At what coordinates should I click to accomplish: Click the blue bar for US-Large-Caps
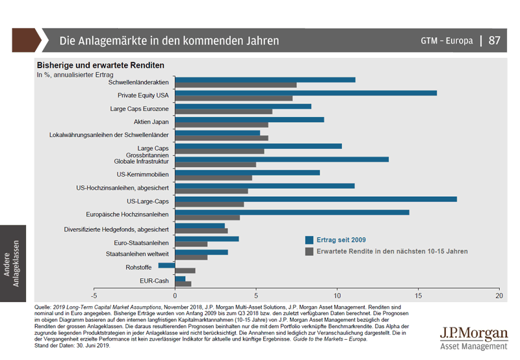click(316, 199)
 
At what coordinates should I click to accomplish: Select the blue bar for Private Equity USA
click(306, 93)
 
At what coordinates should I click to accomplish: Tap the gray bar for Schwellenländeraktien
click(236, 85)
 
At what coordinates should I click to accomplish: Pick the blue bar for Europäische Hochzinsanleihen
click(292, 212)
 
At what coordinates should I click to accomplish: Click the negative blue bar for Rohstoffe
click(167, 265)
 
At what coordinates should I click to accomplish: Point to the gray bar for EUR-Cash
click(183, 283)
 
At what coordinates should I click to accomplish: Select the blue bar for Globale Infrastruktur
click(282, 159)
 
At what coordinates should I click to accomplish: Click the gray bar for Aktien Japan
click(222, 125)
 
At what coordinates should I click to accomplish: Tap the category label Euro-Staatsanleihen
click(141, 242)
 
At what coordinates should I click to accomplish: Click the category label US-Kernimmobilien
click(143, 174)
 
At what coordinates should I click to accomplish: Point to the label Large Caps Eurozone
click(140, 109)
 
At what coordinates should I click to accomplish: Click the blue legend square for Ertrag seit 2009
click(309, 238)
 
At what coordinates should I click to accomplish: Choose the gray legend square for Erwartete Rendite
click(309, 251)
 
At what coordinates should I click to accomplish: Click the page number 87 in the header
click(495, 40)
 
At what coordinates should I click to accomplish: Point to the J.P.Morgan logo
click(473, 337)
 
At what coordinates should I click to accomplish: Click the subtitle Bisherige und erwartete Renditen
click(100, 66)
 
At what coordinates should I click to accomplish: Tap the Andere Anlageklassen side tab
click(12, 263)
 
